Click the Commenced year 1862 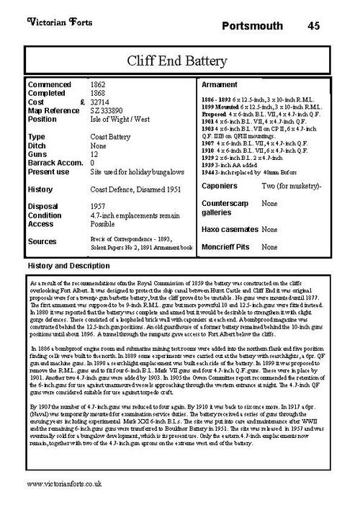click(100, 85)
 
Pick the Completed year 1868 click(100, 93)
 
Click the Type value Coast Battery click(110, 135)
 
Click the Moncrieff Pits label click(225, 247)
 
